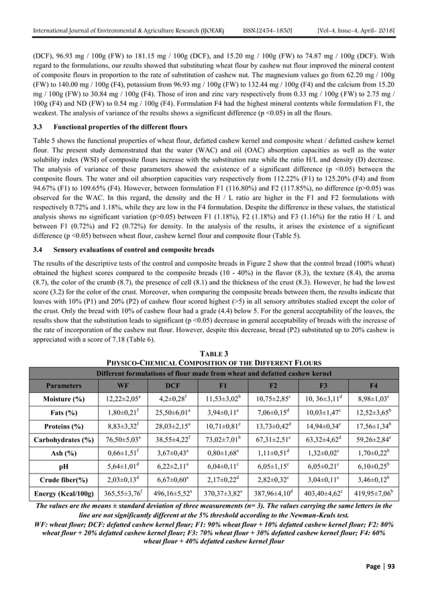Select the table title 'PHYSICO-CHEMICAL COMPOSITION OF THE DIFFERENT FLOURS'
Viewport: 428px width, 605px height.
pyautogui.click(x=214, y=364)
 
